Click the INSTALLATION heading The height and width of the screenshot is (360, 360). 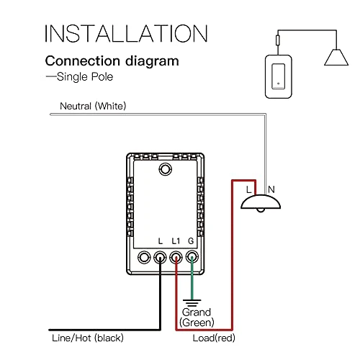pyautogui.click(x=125, y=33)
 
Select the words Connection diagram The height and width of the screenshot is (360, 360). pyautogui.click(x=112, y=61)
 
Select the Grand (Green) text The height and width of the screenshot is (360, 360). pyautogui.click(x=196, y=317)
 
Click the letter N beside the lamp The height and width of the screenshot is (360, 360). pyautogui.click(x=271, y=189)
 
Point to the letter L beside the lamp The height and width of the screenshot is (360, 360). pyautogui.click(x=249, y=189)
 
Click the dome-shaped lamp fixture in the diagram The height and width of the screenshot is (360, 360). pyautogui.click(x=260, y=204)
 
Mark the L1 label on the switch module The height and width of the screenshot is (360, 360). pyautogui.click(x=177, y=240)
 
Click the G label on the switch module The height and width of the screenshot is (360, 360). pyautogui.click(x=192, y=240)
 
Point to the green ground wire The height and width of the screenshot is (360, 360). pyautogui.click(x=192, y=281)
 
